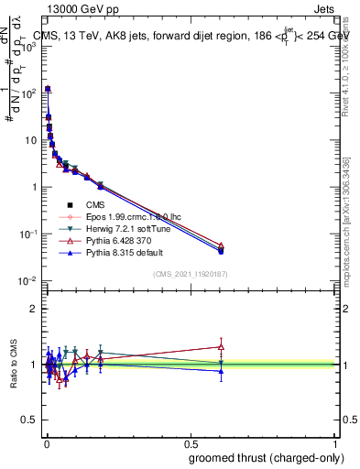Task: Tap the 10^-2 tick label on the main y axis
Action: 26,280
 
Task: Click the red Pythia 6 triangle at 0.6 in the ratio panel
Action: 221,346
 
